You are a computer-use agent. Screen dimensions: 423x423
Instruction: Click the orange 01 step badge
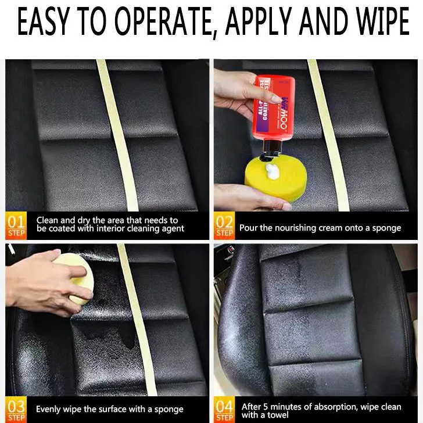16,225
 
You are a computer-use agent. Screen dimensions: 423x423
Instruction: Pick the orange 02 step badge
224,225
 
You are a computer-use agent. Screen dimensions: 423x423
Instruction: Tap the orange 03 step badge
16,408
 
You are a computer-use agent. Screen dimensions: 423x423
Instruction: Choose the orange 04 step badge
224,408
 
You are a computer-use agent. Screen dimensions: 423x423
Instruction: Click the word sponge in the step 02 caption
385,228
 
